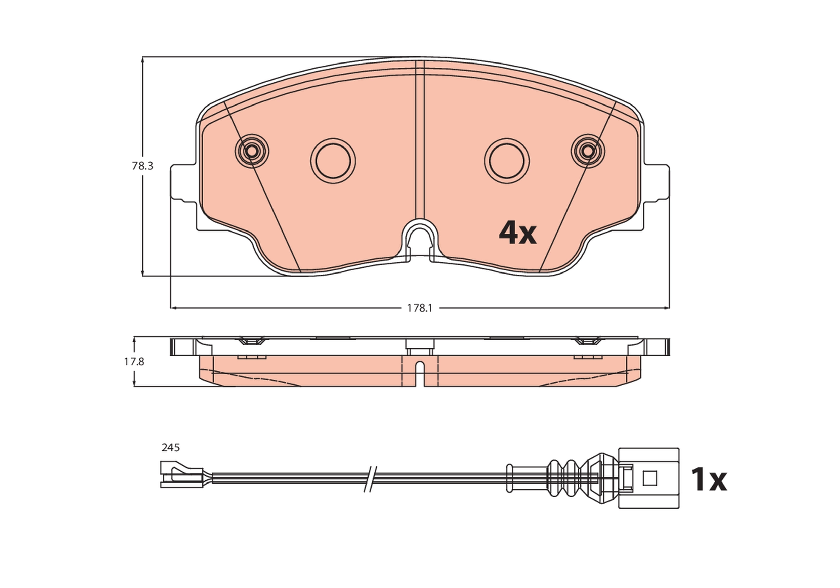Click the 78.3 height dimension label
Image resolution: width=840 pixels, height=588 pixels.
coord(142,166)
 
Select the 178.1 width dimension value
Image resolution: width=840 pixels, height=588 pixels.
coord(420,308)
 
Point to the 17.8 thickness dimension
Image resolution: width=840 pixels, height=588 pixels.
coord(134,362)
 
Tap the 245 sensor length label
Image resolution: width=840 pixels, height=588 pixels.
coord(170,447)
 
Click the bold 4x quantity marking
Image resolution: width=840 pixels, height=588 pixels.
coord(517,233)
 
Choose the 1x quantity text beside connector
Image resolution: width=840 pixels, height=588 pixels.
coord(708,480)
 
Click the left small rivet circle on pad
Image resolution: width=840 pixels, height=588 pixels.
coord(252,151)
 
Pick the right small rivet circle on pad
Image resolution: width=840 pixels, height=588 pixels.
coord(588,151)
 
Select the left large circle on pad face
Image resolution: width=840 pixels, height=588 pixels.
coord(333,161)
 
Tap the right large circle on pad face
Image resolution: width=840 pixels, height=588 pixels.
coord(507,161)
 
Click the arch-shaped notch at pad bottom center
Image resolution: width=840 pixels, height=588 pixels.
coord(420,240)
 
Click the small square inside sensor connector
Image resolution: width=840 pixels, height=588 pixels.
coord(650,478)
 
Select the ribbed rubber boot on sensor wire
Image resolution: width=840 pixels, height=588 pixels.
coord(565,478)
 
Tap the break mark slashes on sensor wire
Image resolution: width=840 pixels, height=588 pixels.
coord(370,479)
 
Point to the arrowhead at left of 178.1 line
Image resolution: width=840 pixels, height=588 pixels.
coord(173,308)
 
